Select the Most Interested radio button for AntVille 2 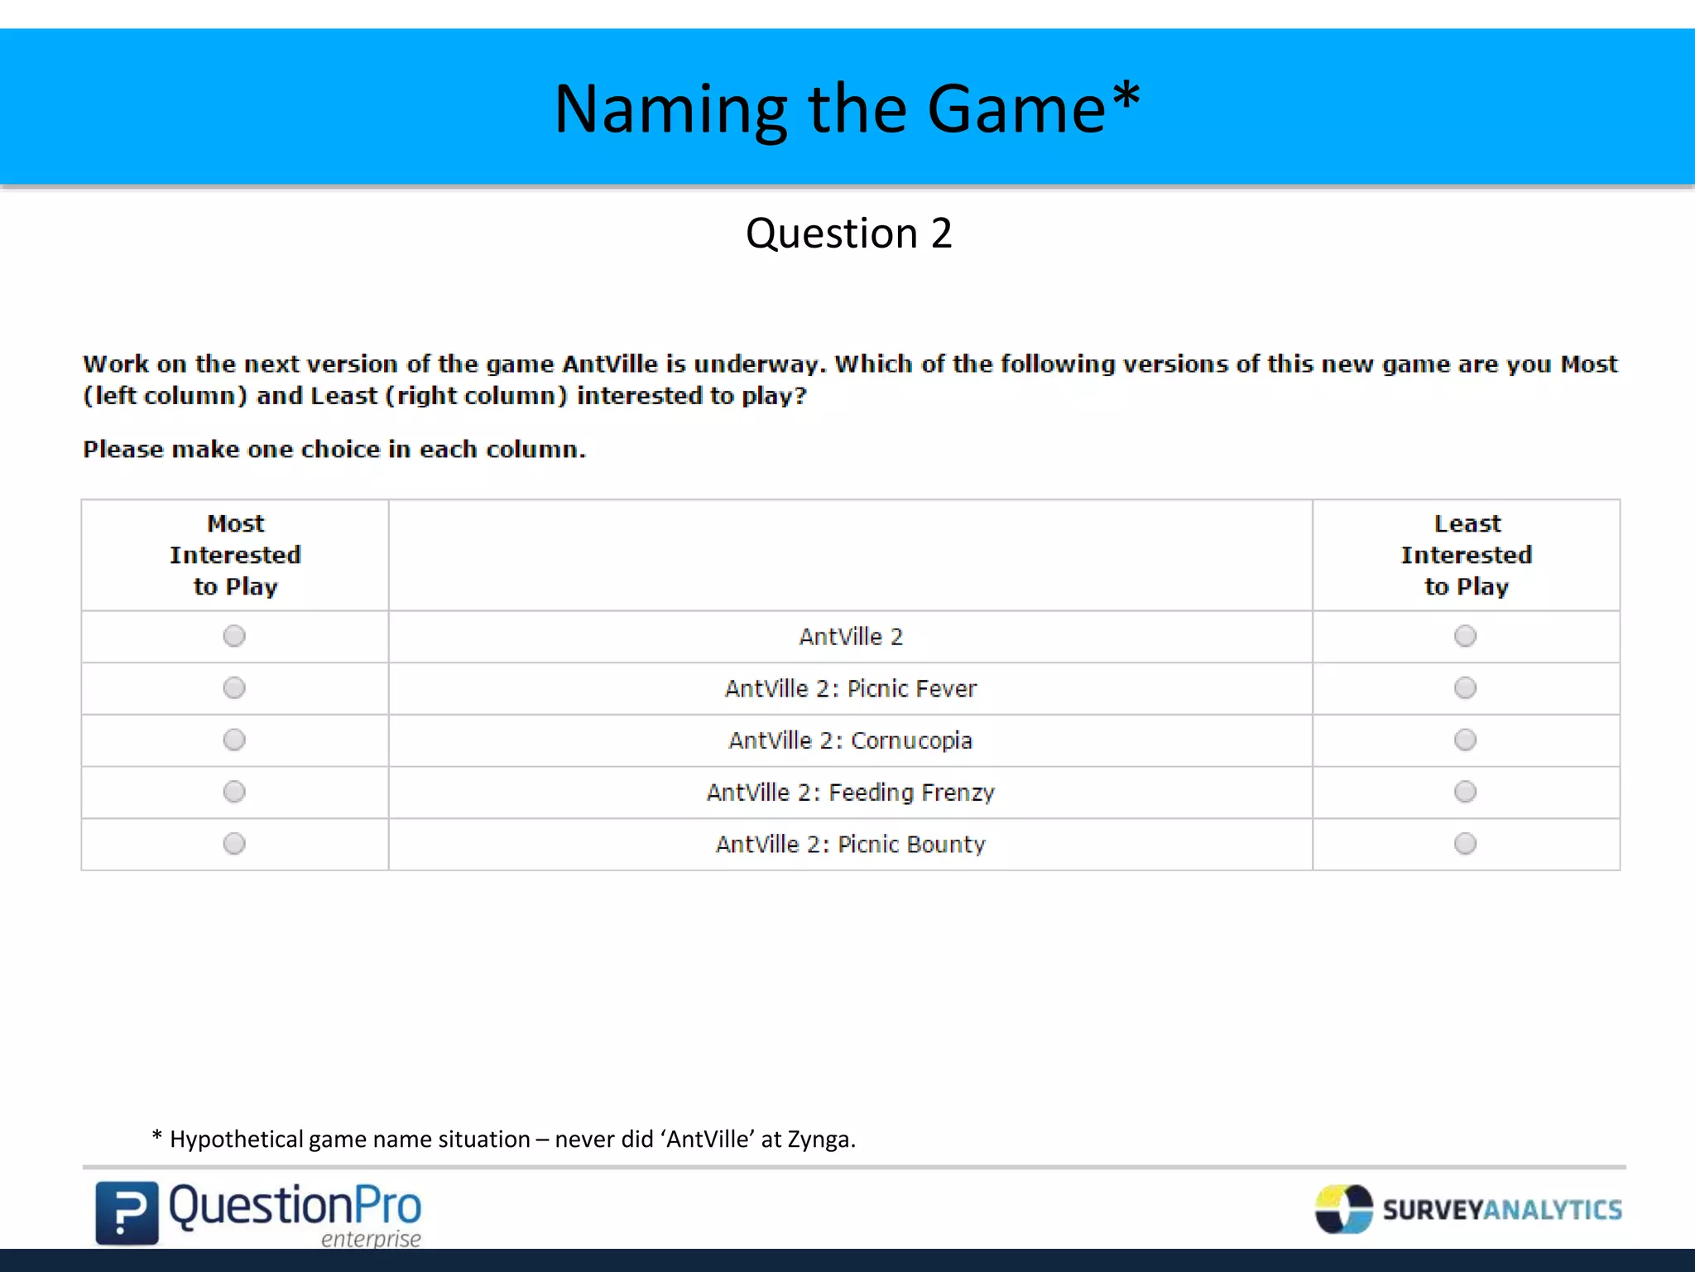[x=234, y=636]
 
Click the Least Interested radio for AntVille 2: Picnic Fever [x=1465, y=688]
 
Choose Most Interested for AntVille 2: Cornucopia [x=234, y=740]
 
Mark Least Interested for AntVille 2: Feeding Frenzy [x=1465, y=792]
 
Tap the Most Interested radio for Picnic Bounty [x=234, y=844]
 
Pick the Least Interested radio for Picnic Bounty [x=1465, y=844]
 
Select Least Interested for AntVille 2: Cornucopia [x=1465, y=740]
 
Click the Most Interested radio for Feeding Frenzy [x=234, y=792]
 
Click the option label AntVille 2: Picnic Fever [x=850, y=689]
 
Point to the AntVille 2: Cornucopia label [x=850, y=740]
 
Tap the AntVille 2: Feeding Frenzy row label [x=850, y=793]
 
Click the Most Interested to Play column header [x=235, y=555]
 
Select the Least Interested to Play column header [x=1466, y=555]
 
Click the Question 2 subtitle [x=848, y=234]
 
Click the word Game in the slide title [x=1016, y=109]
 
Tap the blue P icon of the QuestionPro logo [x=127, y=1212]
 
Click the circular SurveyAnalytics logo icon [x=1343, y=1209]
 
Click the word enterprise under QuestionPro [x=371, y=1239]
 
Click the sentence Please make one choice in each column [x=334, y=450]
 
